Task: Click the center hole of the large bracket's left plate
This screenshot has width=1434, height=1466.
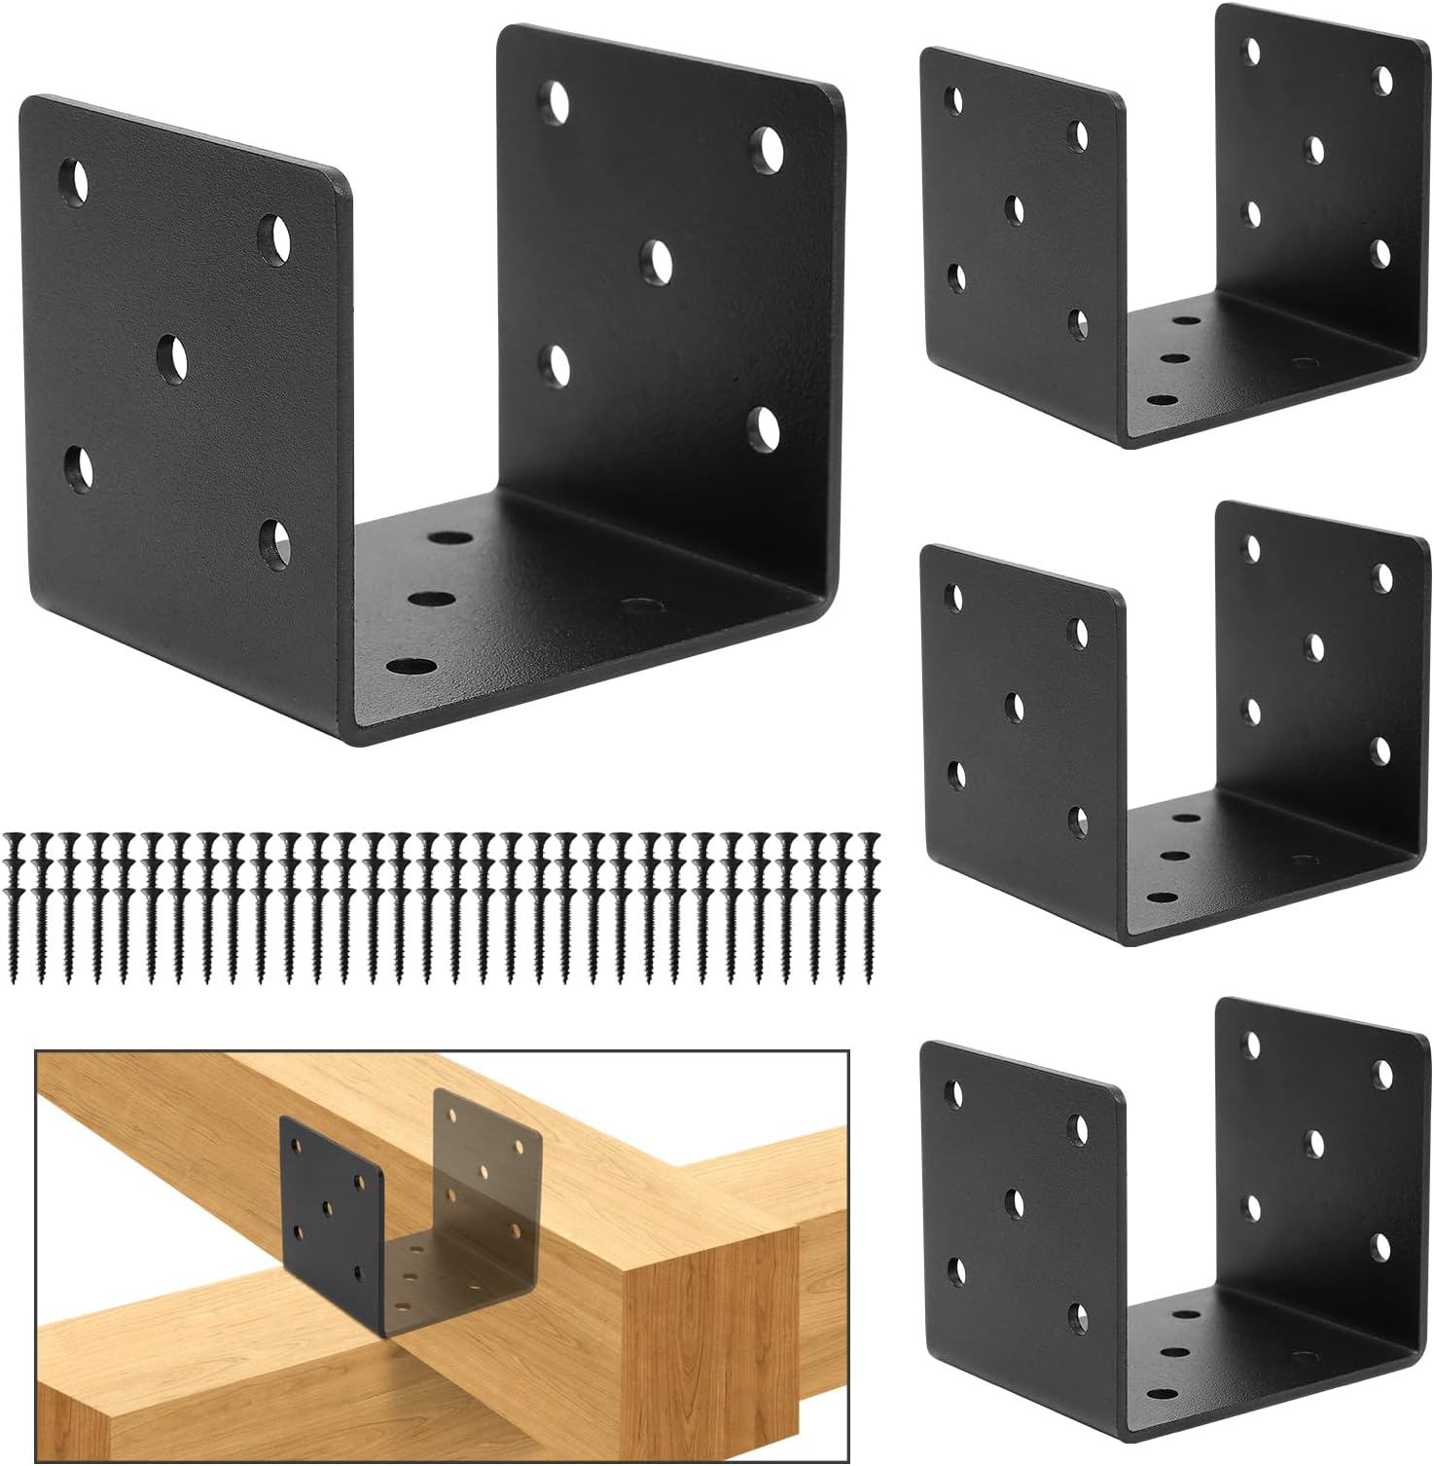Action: coord(174,355)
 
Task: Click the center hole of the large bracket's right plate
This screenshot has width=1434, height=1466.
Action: coord(660,259)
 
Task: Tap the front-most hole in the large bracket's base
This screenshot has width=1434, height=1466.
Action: coord(412,667)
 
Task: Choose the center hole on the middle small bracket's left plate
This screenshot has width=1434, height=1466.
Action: coord(1015,704)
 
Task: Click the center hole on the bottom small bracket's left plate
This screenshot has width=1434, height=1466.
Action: coord(1015,1200)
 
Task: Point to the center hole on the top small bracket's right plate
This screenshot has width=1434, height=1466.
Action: coord(1316,147)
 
